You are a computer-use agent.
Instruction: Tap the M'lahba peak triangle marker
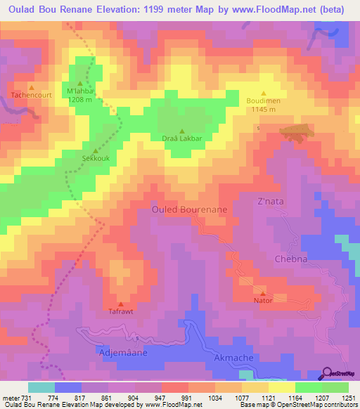coord(79,84)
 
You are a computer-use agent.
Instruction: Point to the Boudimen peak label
coord(264,100)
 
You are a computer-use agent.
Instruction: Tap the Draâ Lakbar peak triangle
coord(182,131)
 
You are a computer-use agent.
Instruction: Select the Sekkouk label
coord(95,159)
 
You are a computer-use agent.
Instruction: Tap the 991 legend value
coord(187,398)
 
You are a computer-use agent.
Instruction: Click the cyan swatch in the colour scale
coord(41,387)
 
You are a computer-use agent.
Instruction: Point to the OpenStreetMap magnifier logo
coord(327,374)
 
